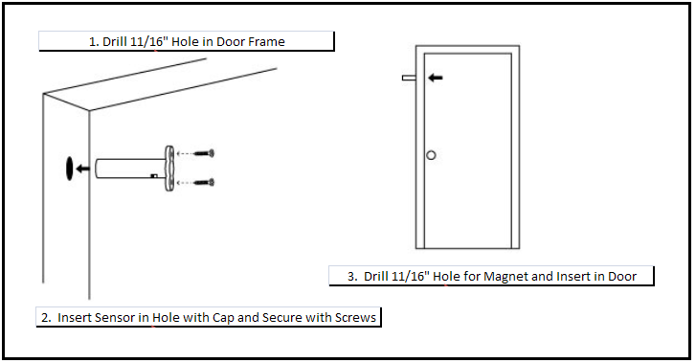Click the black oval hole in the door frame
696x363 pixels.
pos(70,169)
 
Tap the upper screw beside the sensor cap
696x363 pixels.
pos(204,153)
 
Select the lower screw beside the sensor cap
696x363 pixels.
pos(204,182)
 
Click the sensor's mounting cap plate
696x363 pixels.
pos(169,169)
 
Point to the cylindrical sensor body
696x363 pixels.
pos(130,169)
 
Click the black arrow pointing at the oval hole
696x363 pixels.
pos(83,169)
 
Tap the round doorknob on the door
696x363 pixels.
pos(431,155)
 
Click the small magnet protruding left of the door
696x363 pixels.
pos(409,78)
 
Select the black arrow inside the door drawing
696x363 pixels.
pos(436,78)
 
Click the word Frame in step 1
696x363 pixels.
pos(266,42)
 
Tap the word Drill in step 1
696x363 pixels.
pos(115,42)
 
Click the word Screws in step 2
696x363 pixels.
pos(355,318)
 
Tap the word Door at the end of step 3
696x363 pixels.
pos(622,277)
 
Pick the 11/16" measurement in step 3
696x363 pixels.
pos(411,277)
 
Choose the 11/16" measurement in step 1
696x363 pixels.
pos(149,42)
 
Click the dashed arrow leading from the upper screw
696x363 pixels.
pos(185,153)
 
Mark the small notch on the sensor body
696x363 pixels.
pos(154,176)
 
